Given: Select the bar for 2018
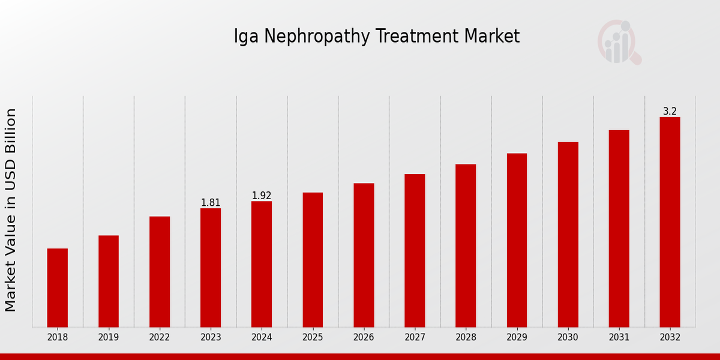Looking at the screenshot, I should pos(58,287).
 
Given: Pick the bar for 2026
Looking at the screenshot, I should pos(364,255).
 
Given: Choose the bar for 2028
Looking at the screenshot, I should pos(466,245).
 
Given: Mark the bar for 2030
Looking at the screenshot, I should pos(568,234).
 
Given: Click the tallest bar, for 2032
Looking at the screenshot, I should pos(670,222).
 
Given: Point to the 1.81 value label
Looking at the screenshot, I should pos(211,203).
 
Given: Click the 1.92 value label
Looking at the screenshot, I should pos(262,196).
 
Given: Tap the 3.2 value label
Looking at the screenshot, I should pos(670,112).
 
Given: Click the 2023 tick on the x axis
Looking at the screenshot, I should pos(211,337).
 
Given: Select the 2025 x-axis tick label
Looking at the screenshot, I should pos(313,337).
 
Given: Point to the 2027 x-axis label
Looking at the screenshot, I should pos(415,337).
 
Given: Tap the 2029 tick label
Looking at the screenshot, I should pos(517,337).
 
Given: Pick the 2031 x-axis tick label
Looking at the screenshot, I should pos(619,337).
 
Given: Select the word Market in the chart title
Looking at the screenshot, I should pos(491,37).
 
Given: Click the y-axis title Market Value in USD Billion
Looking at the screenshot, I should pos(11,210).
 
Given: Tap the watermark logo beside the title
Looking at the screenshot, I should pos(619,42).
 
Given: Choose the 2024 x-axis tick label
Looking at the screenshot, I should pos(262,337).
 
